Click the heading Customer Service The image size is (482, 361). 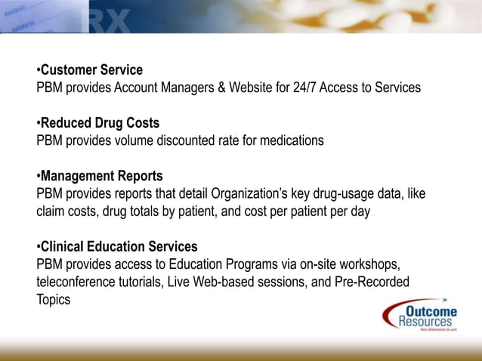[x=91, y=70]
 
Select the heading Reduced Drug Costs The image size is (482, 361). [x=100, y=123]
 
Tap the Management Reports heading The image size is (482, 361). [x=101, y=177]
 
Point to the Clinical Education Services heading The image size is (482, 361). [x=119, y=247]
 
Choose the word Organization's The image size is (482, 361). [x=238, y=194]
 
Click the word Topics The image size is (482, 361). [x=54, y=300]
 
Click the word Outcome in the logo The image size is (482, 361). [x=431, y=312]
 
